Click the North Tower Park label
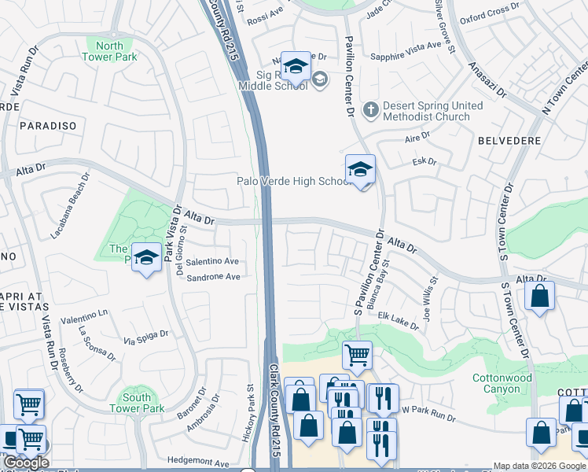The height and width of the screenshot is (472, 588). click(x=112, y=50)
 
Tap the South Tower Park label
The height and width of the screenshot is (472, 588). click(x=137, y=403)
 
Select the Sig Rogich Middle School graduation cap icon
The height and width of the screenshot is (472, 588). click(x=295, y=67)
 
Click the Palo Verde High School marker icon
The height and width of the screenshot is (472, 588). click(x=360, y=170)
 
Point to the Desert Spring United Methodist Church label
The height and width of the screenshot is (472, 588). click(x=426, y=111)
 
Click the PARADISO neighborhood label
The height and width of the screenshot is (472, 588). click(x=48, y=126)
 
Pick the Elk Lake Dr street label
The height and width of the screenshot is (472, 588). click(x=399, y=320)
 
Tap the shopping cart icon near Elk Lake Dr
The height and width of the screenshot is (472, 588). click(x=358, y=356)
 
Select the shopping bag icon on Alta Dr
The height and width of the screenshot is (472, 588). click(x=539, y=297)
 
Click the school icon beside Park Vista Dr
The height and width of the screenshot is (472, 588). click(x=146, y=257)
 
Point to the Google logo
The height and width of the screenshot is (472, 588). click(x=26, y=463)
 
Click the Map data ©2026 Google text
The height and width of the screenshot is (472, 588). click(x=539, y=466)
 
